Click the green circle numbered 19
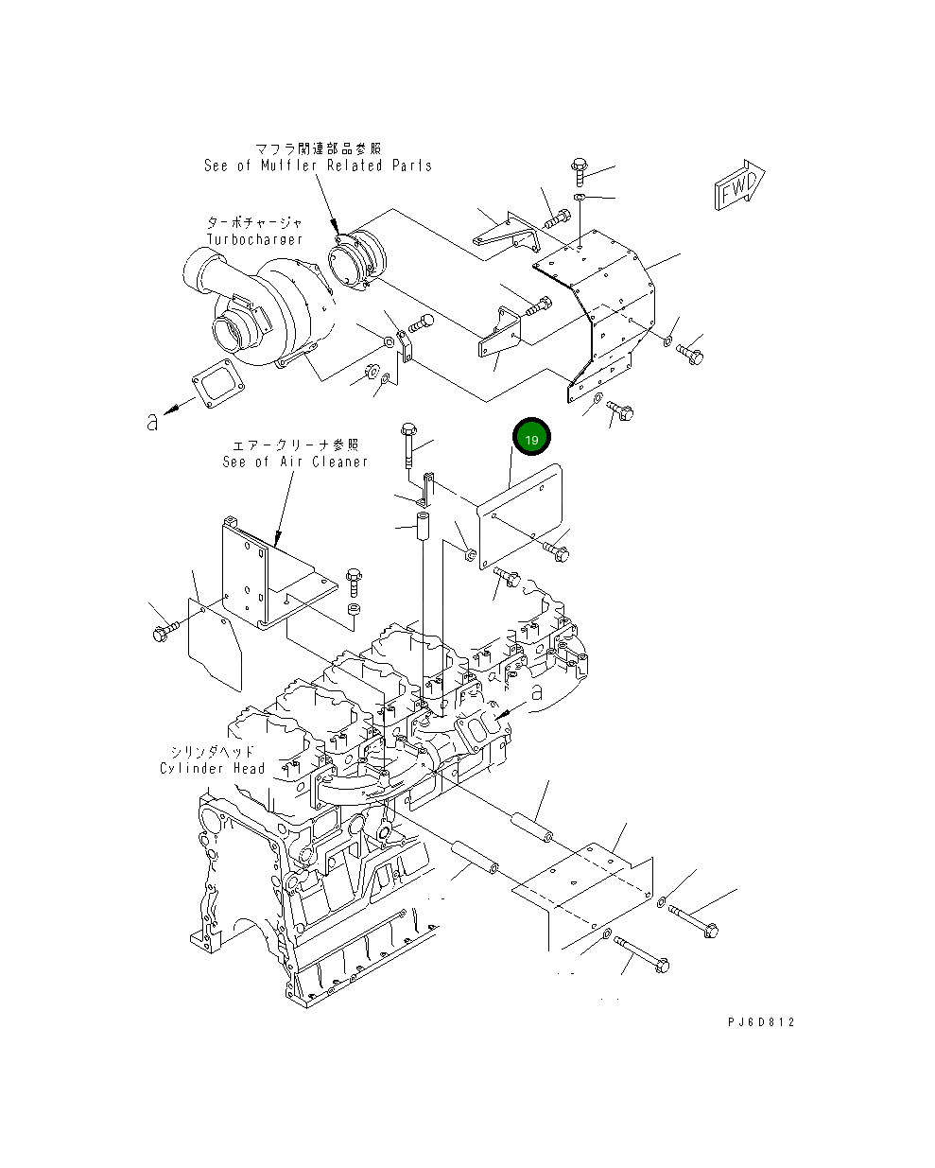coord(531,439)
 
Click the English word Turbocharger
coord(254,240)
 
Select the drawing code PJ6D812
coord(761,1022)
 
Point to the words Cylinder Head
coord(213,768)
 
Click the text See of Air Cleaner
coord(295,462)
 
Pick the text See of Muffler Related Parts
coord(318,166)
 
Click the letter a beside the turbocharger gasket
coord(152,421)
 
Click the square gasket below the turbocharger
coord(216,388)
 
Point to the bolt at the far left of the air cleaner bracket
coord(164,631)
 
